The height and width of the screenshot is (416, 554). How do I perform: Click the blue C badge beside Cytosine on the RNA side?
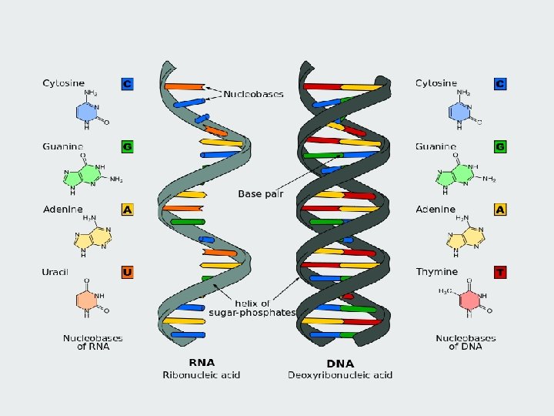(x=128, y=82)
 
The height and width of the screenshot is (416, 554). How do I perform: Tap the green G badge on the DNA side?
(x=500, y=146)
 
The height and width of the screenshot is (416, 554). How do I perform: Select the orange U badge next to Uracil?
(x=128, y=271)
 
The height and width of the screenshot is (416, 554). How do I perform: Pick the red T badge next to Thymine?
(x=500, y=271)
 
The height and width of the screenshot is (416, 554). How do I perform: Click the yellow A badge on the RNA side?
(x=128, y=209)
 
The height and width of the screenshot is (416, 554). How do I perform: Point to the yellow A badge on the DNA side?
(x=500, y=209)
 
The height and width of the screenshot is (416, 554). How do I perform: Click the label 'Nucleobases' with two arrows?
(x=253, y=94)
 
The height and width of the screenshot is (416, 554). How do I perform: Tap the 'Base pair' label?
(x=260, y=193)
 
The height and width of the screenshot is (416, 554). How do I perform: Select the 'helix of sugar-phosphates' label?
(x=252, y=308)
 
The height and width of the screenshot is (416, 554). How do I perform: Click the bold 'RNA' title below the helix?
(x=202, y=362)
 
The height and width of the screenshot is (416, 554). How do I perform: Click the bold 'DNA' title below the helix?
(x=340, y=362)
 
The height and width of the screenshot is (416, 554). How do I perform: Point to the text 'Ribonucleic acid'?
(x=202, y=375)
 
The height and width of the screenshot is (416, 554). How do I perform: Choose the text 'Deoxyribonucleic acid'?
(x=340, y=375)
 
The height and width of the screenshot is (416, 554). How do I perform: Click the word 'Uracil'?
(x=55, y=271)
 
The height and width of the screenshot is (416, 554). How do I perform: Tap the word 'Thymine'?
(x=436, y=271)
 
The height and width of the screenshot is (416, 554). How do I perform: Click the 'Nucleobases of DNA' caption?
(x=466, y=342)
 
